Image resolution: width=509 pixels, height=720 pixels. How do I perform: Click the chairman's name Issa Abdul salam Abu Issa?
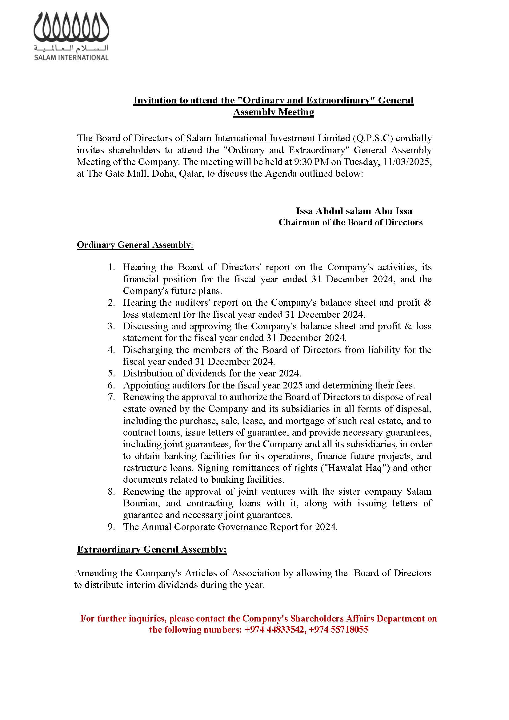354,211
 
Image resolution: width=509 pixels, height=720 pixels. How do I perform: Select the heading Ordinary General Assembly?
135,245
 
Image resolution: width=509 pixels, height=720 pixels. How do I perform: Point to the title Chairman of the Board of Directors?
351,222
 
